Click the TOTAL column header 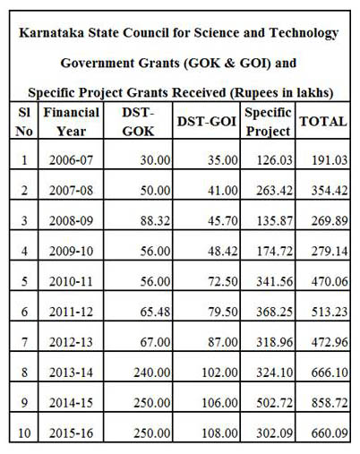pyautogui.click(x=323, y=122)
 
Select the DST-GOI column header pyautogui.click(x=207, y=122)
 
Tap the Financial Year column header pyautogui.click(x=72, y=122)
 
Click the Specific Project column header pyautogui.click(x=268, y=122)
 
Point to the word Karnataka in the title pyautogui.click(x=52, y=33)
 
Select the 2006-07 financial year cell pyautogui.click(x=72, y=160)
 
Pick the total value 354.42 pyautogui.click(x=330, y=191)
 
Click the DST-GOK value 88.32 pyautogui.click(x=155, y=221)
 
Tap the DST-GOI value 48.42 pyautogui.click(x=223, y=252)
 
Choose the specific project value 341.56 pyautogui.click(x=275, y=281)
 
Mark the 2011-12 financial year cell pyautogui.click(x=72, y=312)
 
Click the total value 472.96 pyautogui.click(x=330, y=342)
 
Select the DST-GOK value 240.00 pyautogui.click(x=152, y=373)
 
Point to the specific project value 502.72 pyautogui.click(x=275, y=403)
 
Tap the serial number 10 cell pyautogui.click(x=24, y=433)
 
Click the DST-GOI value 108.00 pyautogui.click(x=220, y=433)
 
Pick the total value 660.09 pyautogui.click(x=330, y=433)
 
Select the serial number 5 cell pyautogui.click(x=24, y=281)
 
